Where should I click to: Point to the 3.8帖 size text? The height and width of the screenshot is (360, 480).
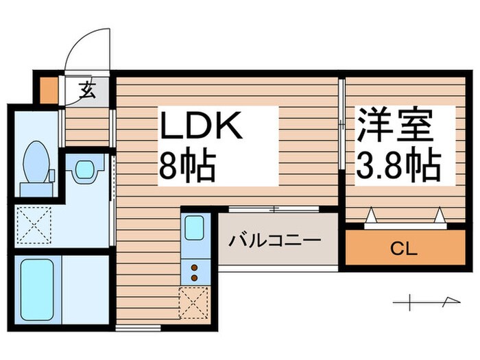click(x=398, y=166)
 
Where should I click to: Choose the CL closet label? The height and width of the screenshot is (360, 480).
click(x=402, y=248)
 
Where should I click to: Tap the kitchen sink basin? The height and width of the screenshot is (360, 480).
click(x=193, y=227)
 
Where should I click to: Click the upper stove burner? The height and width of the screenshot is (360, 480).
click(x=193, y=267)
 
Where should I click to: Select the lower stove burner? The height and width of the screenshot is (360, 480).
click(x=193, y=277)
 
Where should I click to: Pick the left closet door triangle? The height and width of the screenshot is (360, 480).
click(x=372, y=217)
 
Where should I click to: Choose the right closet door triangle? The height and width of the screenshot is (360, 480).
click(x=440, y=217)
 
